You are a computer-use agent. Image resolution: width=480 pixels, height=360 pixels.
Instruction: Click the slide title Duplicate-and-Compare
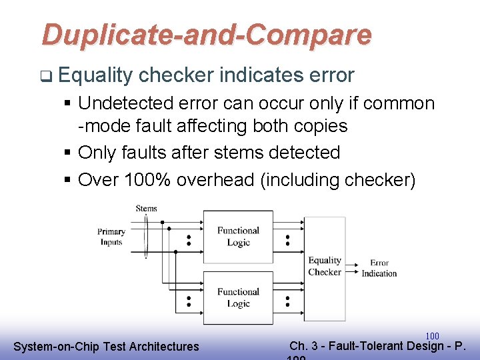[x=207, y=35]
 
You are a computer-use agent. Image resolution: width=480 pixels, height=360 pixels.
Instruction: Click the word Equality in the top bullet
[x=95, y=75]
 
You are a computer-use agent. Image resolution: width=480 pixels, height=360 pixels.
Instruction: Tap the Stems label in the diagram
[x=146, y=209]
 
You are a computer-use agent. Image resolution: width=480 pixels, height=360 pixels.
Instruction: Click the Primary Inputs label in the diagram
[x=111, y=237]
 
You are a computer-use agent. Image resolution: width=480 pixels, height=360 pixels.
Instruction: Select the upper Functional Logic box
[x=238, y=237]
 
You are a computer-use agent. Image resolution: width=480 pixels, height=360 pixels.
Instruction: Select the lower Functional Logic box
[x=238, y=297]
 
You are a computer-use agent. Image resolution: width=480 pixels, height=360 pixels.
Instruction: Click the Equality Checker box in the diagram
[x=325, y=266]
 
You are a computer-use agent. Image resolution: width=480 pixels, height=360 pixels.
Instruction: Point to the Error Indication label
[x=379, y=268]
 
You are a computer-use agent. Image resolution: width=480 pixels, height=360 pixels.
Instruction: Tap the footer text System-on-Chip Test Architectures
[x=106, y=346]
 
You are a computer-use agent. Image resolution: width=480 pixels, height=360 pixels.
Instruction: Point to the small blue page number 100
[x=432, y=336]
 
